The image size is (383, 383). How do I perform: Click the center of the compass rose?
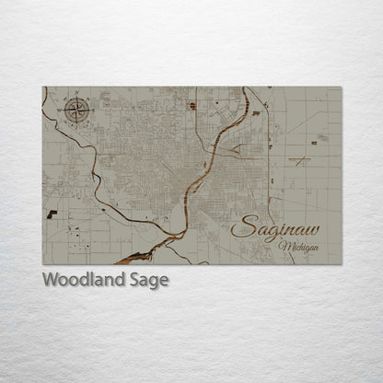tap(77, 110)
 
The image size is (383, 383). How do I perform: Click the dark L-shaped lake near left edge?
tap(52, 214)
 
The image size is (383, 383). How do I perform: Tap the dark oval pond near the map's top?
tap(192, 106)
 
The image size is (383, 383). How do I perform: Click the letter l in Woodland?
tap(96, 279)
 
